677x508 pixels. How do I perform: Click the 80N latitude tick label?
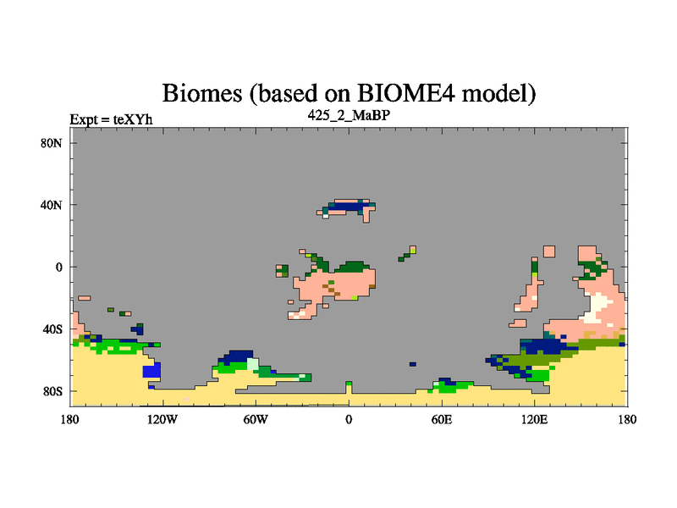pos(52,143)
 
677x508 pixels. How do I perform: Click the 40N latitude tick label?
pos(52,205)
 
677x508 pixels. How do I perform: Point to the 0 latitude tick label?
pos(58,267)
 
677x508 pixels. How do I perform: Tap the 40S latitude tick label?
pos(52,329)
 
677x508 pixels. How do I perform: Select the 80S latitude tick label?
pos(52,391)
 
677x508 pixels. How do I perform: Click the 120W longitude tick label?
pos(162,419)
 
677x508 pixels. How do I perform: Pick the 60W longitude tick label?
pos(256,419)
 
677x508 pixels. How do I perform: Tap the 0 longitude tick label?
pos(349,419)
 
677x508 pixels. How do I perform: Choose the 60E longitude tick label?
pos(442,419)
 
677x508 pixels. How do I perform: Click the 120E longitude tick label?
pos(535,419)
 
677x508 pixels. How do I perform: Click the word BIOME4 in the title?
pos(406,93)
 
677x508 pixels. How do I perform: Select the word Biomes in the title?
pos(201,93)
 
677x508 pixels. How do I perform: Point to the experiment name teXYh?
pos(133,119)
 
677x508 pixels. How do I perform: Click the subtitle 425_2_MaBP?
pos(349,115)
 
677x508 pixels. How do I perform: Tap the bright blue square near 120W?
pos(151,370)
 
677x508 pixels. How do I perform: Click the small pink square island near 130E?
pos(549,251)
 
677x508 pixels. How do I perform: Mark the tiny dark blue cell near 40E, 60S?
pos(413,364)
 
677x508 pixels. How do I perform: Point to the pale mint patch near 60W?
pos(252,364)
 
